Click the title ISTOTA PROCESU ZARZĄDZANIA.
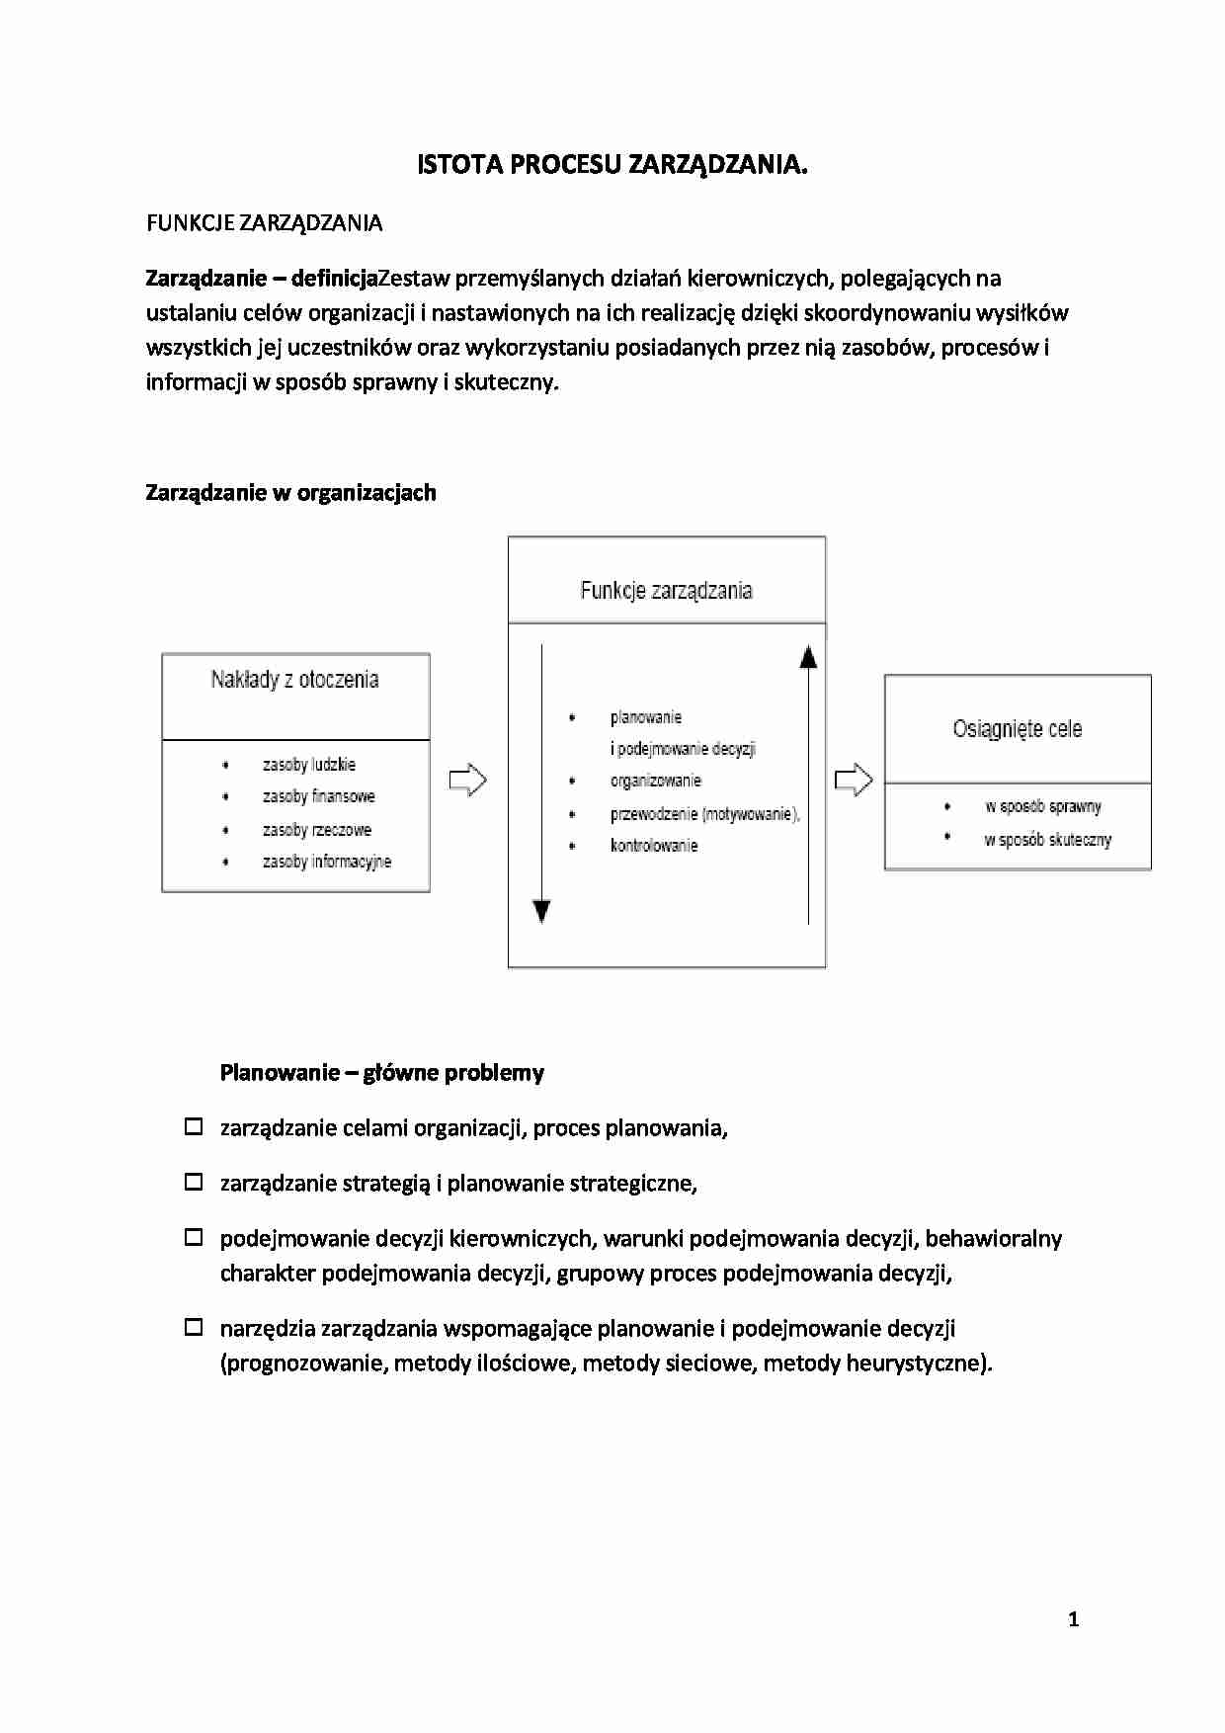(x=612, y=165)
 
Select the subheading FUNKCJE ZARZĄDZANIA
(x=264, y=223)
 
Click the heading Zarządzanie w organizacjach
(x=290, y=493)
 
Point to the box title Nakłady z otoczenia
(x=294, y=680)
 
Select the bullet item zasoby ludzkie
(x=308, y=765)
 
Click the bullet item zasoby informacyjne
(x=326, y=862)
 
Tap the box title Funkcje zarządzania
(x=666, y=591)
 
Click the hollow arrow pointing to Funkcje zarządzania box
(x=467, y=781)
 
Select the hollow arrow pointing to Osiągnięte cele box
(x=854, y=781)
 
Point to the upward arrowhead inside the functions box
(x=808, y=656)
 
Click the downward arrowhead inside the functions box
(x=541, y=911)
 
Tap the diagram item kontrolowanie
(x=653, y=846)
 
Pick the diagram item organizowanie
(x=655, y=781)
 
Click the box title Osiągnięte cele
(x=1017, y=729)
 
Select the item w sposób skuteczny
(x=1047, y=840)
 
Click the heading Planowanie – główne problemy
(x=381, y=1073)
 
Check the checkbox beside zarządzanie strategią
(x=195, y=1182)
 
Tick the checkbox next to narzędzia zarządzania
(x=195, y=1327)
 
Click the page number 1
(x=1073, y=1619)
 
